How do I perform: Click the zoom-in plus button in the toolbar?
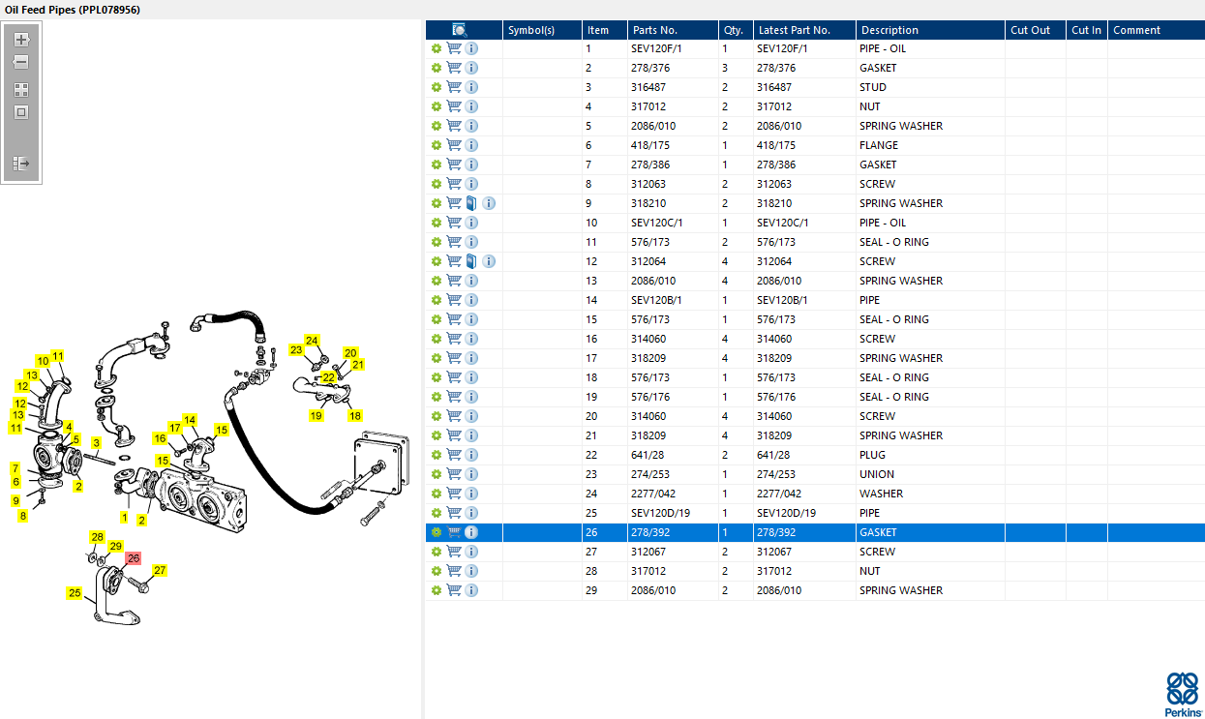(x=21, y=40)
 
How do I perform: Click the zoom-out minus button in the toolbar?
(x=21, y=62)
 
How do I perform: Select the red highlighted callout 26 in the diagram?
(x=134, y=558)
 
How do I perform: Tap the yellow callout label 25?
(x=75, y=592)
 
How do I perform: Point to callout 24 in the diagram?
(x=312, y=341)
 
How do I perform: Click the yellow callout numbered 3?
(x=96, y=442)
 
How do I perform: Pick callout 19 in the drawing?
(x=316, y=415)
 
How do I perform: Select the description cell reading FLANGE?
(x=879, y=145)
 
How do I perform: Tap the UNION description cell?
(x=876, y=474)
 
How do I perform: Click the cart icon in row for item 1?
(x=454, y=48)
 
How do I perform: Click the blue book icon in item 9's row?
(x=471, y=203)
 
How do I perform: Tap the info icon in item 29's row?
(x=471, y=590)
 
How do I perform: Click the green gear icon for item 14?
(x=437, y=300)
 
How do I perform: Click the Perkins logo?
(x=1183, y=694)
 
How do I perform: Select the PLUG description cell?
(x=872, y=455)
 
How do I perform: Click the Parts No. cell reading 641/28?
(x=648, y=455)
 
